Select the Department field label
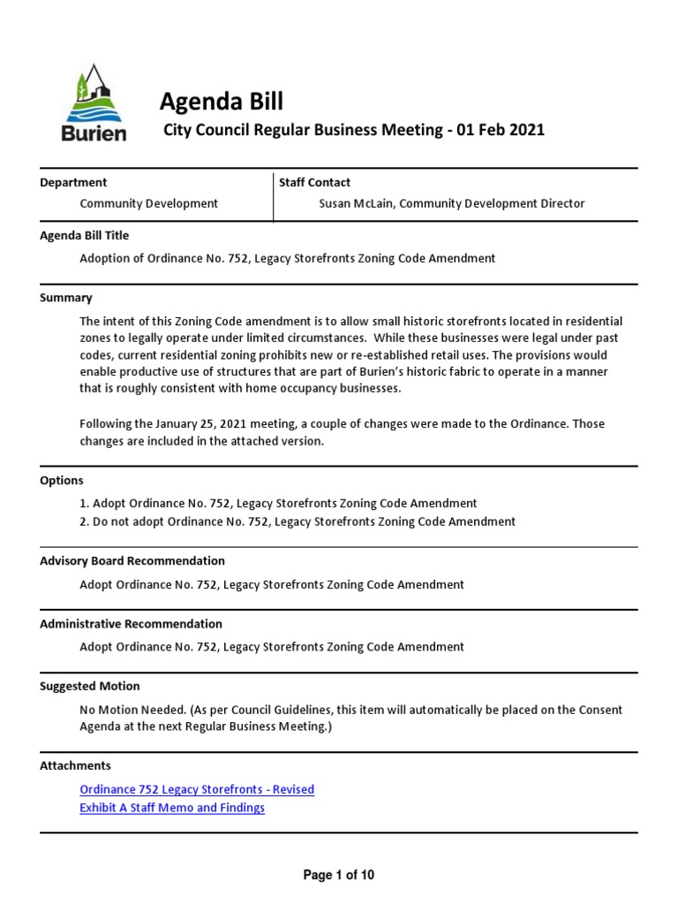tap(73, 182)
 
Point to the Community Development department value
tap(148, 203)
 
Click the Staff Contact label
tap(314, 182)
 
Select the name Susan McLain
tap(360, 203)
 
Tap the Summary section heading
tap(66, 298)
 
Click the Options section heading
tap(62, 481)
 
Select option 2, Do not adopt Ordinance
tap(298, 521)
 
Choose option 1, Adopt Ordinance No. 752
tap(278, 503)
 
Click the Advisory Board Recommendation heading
tap(132, 560)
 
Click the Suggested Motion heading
tap(90, 686)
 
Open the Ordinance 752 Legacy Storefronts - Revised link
tap(197, 789)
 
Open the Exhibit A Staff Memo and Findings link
tap(172, 808)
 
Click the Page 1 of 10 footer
tap(339, 875)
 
